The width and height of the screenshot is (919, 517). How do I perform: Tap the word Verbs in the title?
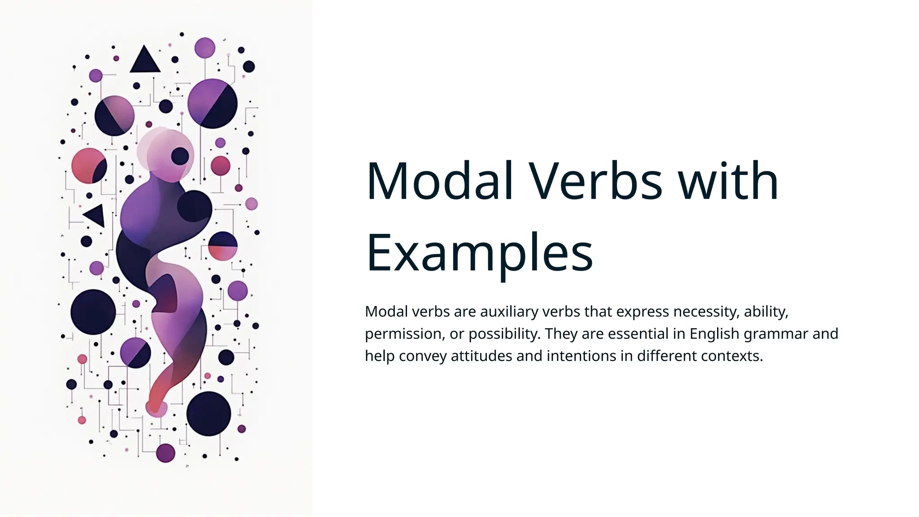pyautogui.click(x=595, y=181)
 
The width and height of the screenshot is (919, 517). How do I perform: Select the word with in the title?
pyautogui.click(x=728, y=181)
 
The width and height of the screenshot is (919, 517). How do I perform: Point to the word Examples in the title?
pyautogui.click(x=479, y=253)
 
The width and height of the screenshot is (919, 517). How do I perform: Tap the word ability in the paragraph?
pyautogui.click(x=766, y=311)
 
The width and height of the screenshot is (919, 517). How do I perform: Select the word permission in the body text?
pyautogui.click(x=403, y=334)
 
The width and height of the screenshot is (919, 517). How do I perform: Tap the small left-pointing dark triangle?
pyautogui.click(x=96, y=215)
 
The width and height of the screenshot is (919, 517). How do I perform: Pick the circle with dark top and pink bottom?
pyautogui.click(x=223, y=246)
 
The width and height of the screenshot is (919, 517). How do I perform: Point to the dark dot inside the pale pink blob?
pyautogui.click(x=180, y=156)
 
